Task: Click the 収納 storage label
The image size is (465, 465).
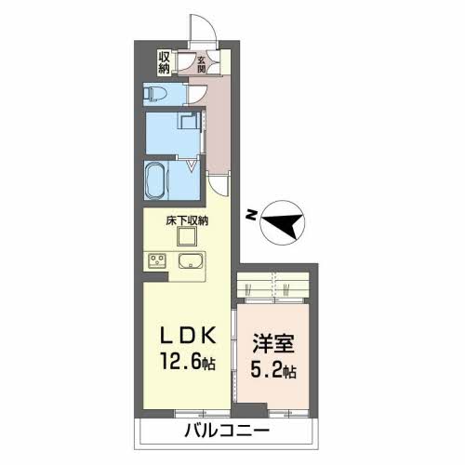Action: click(164, 62)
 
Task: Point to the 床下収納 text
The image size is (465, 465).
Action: click(187, 221)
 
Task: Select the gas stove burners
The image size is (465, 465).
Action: click(155, 261)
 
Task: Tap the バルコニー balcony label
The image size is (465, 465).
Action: click(225, 432)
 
